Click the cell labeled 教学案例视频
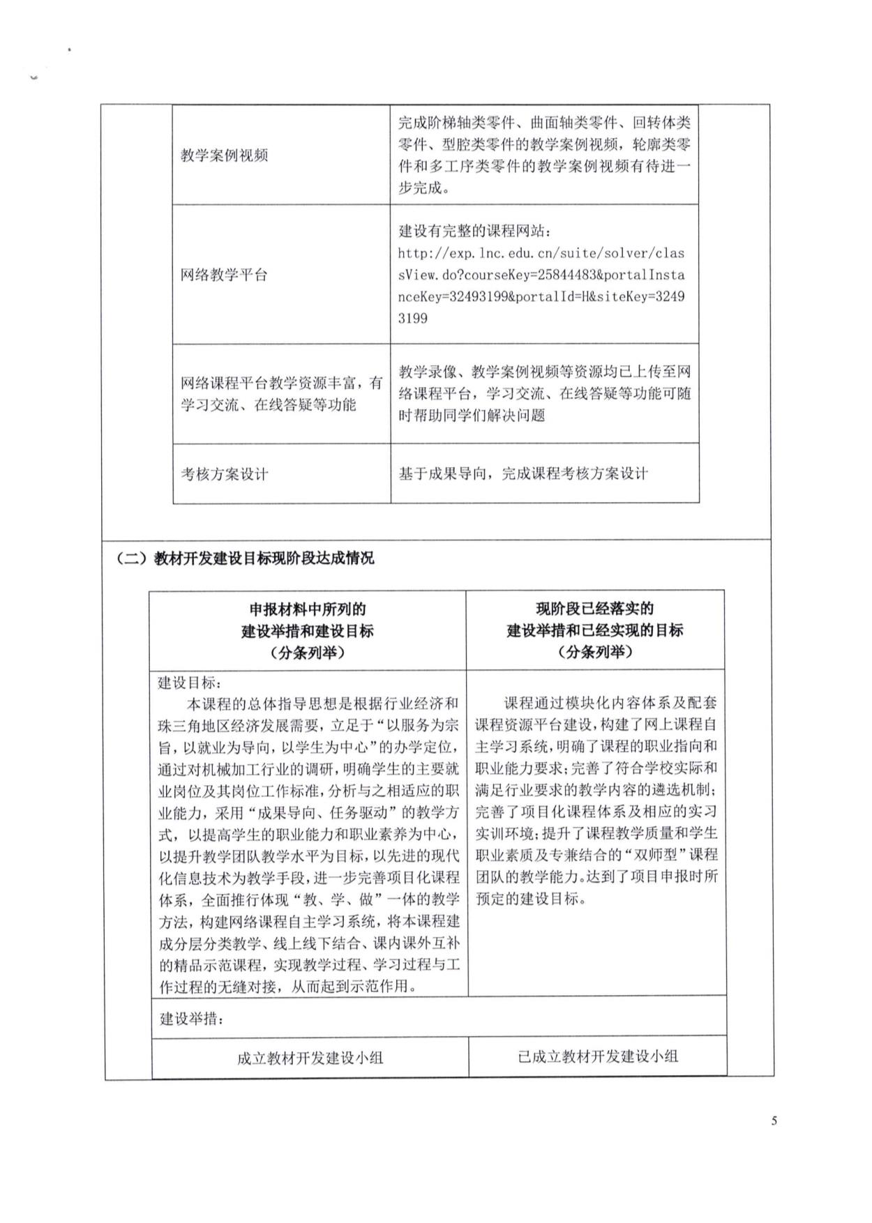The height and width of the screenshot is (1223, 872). pos(224,155)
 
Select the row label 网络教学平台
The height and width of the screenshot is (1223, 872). pos(224,275)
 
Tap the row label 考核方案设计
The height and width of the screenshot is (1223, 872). pos(224,474)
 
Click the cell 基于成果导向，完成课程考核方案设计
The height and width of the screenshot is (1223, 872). pos(523,473)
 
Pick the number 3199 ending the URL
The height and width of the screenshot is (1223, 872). pos(412,319)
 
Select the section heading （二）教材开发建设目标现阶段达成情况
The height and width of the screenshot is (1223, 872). pos(246,558)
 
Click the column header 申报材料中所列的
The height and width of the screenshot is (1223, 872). pos(308,609)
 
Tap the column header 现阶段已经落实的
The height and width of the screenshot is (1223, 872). pos(594,609)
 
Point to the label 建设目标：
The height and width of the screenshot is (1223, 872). pos(190,682)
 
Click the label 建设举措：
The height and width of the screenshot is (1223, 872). pos(192,1019)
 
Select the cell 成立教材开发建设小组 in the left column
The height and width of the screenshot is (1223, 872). pos(310,1058)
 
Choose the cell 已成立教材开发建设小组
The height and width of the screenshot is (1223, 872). pos(597,1056)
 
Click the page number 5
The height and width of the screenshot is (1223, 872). pos(774,1121)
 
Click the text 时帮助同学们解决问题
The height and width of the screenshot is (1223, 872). pos(472,416)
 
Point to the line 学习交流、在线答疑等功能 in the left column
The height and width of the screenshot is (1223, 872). pos(269,405)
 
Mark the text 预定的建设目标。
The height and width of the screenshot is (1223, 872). pos(531,898)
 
